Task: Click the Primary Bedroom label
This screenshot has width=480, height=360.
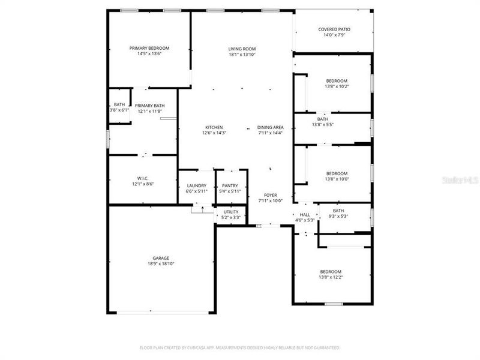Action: (x=149, y=48)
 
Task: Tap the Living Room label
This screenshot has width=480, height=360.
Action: (x=242, y=49)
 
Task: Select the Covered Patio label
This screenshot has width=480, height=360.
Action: (x=334, y=29)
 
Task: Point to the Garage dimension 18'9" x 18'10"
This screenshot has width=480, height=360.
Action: (x=160, y=263)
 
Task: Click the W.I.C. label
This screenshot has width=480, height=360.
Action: (x=143, y=178)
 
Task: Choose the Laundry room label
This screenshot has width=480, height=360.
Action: (x=197, y=185)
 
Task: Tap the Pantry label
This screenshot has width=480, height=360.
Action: (x=230, y=185)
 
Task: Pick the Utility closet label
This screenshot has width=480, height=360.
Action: (x=231, y=211)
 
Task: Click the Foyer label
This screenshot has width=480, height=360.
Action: (x=270, y=195)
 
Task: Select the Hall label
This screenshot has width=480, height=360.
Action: (x=305, y=214)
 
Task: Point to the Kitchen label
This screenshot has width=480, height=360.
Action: (x=214, y=127)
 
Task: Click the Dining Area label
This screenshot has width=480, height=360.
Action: (x=270, y=127)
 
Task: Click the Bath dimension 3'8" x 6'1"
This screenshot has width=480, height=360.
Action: (x=119, y=110)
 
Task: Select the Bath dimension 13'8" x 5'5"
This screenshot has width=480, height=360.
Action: (x=323, y=125)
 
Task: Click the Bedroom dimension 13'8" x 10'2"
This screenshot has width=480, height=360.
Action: (x=337, y=86)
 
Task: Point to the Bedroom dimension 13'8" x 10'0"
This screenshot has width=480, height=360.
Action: (x=337, y=179)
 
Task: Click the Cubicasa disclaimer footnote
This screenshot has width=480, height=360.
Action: (x=239, y=347)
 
